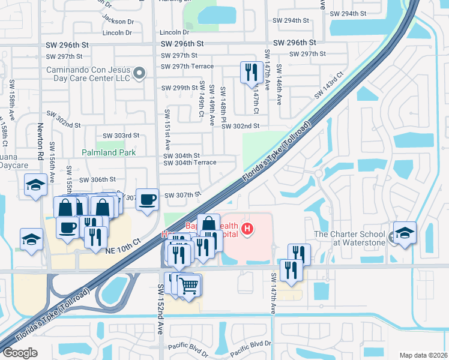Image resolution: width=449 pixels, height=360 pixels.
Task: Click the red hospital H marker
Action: coord(246,228)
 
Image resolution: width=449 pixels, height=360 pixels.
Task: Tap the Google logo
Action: coord(20,352)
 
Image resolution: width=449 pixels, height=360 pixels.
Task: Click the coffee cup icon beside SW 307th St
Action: coord(147,199)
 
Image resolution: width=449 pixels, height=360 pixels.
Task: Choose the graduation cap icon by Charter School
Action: coord(405,233)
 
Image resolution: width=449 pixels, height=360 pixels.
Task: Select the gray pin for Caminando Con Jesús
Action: coord(139,74)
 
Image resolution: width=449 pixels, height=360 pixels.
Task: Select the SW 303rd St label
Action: coord(121,136)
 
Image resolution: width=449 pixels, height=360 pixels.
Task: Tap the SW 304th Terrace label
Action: coord(190,163)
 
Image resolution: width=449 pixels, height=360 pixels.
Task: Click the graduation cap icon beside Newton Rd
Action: coord(35,184)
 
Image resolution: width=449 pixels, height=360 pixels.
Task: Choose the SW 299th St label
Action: coord(179,88)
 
